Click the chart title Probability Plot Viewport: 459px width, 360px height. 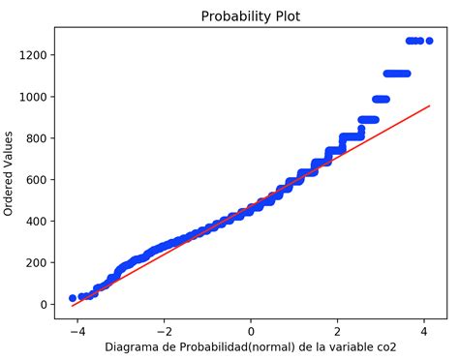tap(251, 16)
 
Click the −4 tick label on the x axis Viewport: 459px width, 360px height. tap(77, 328)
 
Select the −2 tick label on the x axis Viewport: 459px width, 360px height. tap(164, 328)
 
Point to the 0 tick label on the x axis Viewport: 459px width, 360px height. tap(251, 328)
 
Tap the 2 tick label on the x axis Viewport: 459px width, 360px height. tap(337, 328)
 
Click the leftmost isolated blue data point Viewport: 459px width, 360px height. tap(73, 298)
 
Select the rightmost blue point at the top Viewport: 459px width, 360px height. tap(428, 41)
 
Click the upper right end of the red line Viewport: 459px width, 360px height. tap(429, 106)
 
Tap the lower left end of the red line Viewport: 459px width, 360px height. tap(73, 306)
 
